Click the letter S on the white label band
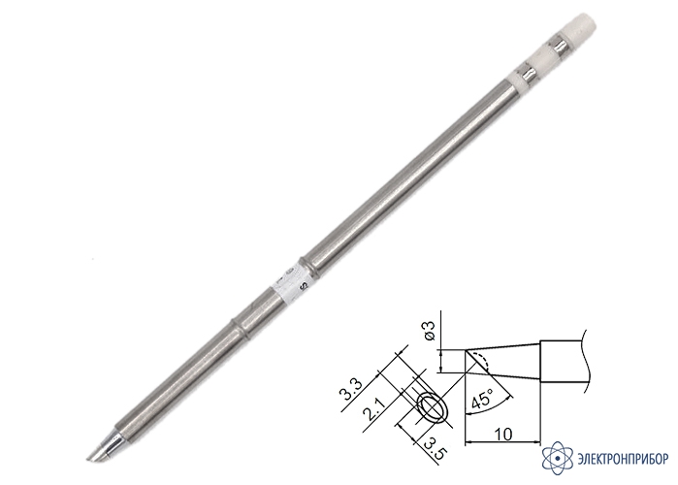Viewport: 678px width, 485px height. pyautogui.click(x=304, y=286)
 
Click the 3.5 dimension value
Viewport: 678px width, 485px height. pyautogui.click(x=434, y=449)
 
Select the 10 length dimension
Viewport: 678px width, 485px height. pyautogui.click(x=503, y=434)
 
